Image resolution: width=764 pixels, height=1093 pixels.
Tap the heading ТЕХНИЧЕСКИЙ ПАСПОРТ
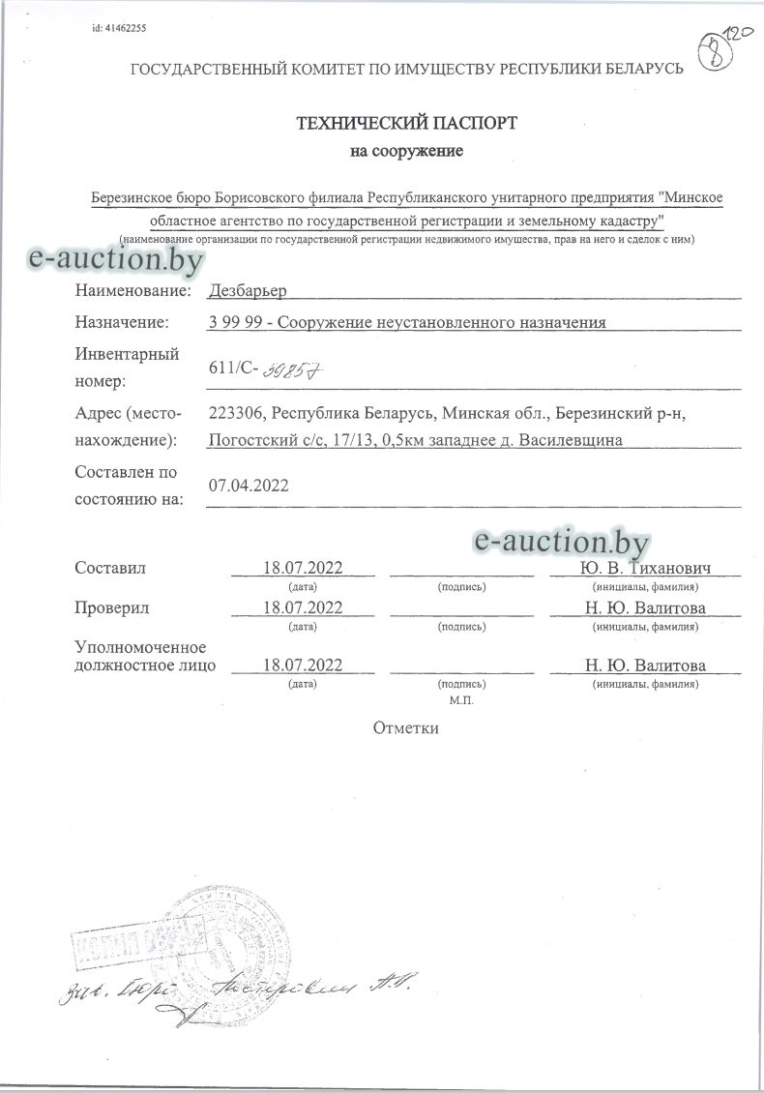tap(406, 123)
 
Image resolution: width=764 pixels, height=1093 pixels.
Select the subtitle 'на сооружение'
tap(406, 151)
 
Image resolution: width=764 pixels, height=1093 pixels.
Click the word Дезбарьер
tap(247, 290)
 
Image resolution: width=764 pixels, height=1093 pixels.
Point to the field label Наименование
tap(129, 290)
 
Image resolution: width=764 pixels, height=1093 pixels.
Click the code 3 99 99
tap(233, 322)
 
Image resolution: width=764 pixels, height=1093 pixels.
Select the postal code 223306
tap(236, 413)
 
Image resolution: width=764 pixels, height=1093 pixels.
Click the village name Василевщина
tap(571, 440)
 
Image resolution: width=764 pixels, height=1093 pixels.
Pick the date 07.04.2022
tap(249, 487)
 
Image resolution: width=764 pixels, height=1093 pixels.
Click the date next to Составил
tap(304, 568)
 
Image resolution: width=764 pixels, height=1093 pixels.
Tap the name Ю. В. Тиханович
tap(645, 568)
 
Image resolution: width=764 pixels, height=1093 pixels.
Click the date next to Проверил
tap(304, 607)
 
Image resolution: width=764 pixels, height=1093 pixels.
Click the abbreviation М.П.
tap(461, 696)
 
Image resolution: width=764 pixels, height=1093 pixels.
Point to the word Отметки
tap(406, 728)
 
